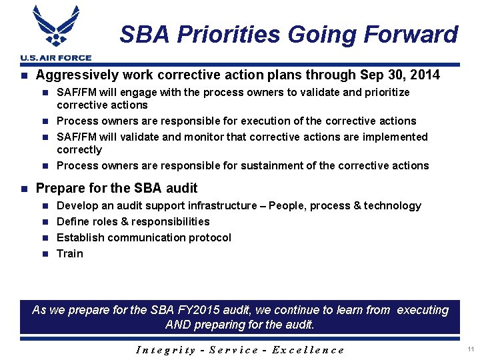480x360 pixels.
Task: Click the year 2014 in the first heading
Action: click(425, 75)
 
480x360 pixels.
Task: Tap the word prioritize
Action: click(385, 92)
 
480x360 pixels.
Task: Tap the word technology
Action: click(392, 205)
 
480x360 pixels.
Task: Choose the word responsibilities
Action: click(167, 221)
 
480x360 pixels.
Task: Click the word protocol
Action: click(209, 237)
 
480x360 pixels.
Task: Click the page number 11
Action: click(471, 349)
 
